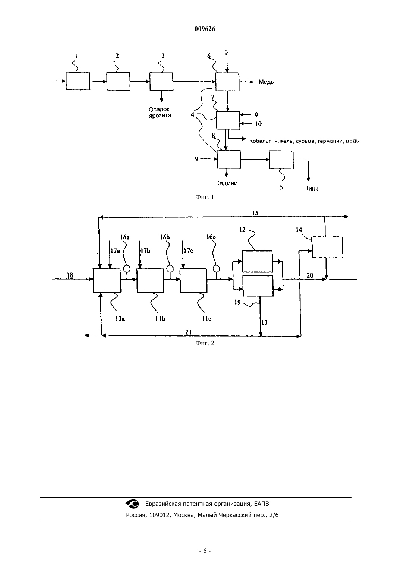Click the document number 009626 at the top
tap(205, 29)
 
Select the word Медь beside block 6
tap(266, 82)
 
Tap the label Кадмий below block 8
tap(227, 183)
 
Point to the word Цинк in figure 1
tap(311, 189)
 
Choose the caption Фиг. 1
tap(205, 197)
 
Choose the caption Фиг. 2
tap(205, 343)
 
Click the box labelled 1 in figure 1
tap(78, 81)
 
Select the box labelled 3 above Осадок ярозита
tap(161, 82)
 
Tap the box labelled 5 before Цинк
tap(281, 160)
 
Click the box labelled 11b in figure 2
tap(150, 281)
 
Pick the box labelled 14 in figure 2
tap(327, 247)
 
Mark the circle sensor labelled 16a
tap(127, 268)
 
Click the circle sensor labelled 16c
tap(216, 268)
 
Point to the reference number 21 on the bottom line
tap(188, 332)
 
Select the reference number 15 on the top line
tap(255, 213)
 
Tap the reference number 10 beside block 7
tap(258, 124)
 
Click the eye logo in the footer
tap(132, 504)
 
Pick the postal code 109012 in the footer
tap(160, 515)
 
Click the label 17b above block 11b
tap(145, 251)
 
